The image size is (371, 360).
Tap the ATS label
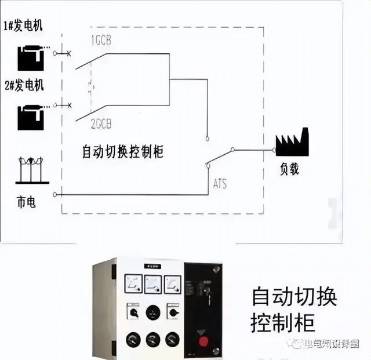pos(220,184)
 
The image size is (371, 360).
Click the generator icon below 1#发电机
pos(30,57)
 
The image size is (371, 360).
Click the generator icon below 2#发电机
pos(30,117)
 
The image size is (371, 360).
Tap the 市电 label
pos(26,203)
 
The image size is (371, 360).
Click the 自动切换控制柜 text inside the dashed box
pos(122,152)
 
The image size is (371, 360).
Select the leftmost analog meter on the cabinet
pos(133,283)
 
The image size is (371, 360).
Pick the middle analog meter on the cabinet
pos(154,283)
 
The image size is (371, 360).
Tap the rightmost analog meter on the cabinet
pos(173,283)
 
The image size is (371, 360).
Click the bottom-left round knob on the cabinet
pos(132,339)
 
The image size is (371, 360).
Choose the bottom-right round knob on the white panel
pos(172,339)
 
